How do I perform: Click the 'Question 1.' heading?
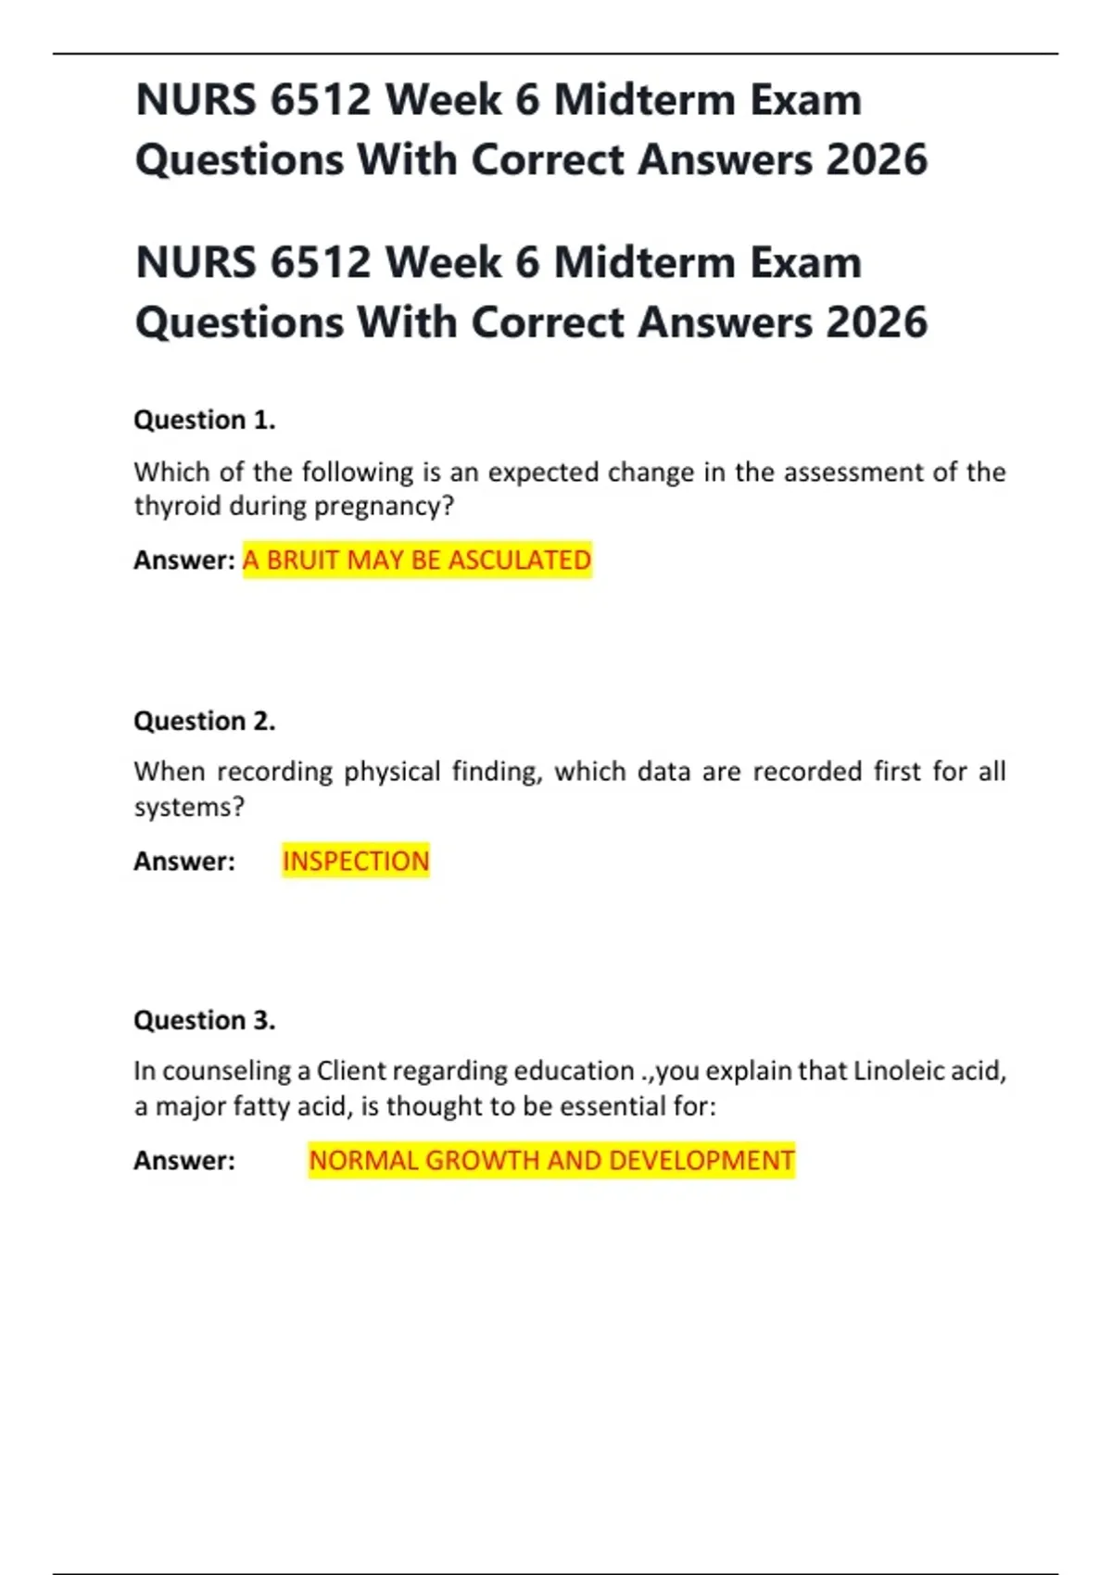click(x=205, y=420)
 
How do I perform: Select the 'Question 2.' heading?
click(x=205, y=721)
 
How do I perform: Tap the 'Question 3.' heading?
click(x=205, y=1020)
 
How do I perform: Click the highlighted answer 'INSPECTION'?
click(x=356, y=861)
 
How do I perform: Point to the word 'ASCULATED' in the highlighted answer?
click(x=520, y=560)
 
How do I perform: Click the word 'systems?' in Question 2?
click(x=189, y=807)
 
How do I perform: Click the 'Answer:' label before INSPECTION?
click(x=184, y=861)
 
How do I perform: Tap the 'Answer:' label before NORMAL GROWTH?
click(x=184, y=1160)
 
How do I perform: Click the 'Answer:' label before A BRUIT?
click(x=184, y=560)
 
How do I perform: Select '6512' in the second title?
click(x=321, y=262)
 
